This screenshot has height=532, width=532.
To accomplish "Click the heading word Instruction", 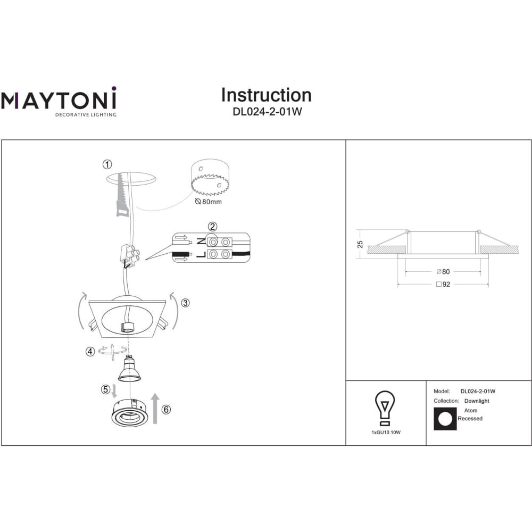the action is click(x=267, y=95).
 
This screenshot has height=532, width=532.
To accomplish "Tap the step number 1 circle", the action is click(x=107, y=164).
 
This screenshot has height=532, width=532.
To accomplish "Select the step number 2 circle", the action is click(x=212, y=227).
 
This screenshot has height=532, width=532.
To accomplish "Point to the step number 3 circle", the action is click(x=185, y=303).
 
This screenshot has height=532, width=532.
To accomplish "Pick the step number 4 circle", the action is click(x=90, y=352).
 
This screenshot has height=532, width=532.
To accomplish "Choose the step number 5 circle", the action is click(x=105, y=389).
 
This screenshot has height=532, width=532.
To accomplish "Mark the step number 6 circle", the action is click(x=166, y=410).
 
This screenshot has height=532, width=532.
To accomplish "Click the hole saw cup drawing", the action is click(x=210, y=177).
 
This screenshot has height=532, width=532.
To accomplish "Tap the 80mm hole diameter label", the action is click(x=209, y=202).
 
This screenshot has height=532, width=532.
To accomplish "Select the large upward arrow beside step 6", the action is click(x=155, y=409).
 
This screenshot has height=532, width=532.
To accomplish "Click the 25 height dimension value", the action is click(x=360, y=244).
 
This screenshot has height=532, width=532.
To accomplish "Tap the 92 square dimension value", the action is click(x=446, y=284).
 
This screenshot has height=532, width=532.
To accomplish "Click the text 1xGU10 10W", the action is click(x=386, y=432).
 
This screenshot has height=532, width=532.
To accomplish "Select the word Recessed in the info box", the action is click(x=470, y=419).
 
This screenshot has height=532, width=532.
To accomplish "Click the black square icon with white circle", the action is click(x=445, y=419).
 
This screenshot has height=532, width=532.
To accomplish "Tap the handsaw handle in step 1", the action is click(x=122, y=209).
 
